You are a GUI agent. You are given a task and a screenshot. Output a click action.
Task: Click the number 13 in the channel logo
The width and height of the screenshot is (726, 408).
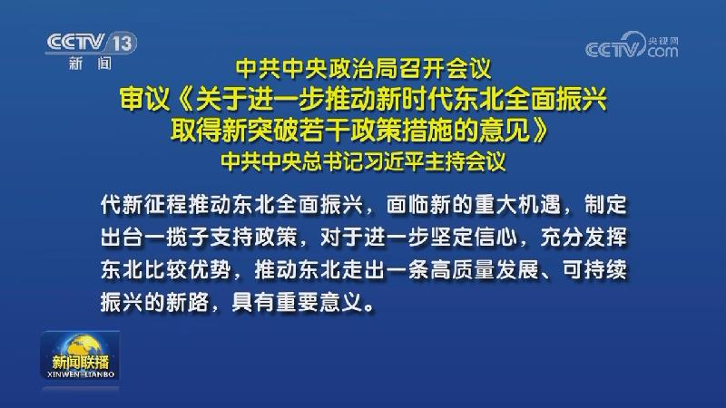(x=123, y=43)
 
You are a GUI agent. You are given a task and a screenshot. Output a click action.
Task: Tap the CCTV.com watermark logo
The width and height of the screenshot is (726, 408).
(x=632, y=45)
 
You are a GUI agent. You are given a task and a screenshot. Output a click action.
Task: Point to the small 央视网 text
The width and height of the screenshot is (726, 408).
(x=663, y=40)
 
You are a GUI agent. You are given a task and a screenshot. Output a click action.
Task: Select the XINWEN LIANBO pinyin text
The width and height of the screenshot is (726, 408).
(x=81, y=374)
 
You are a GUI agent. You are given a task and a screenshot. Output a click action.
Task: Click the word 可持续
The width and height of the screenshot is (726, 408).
(x=594, y=269)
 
